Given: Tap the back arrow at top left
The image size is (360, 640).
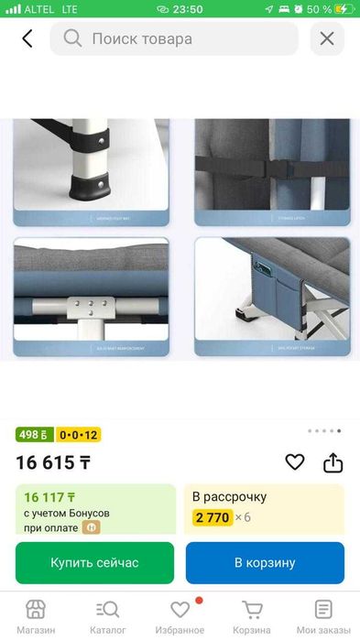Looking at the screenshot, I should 27,39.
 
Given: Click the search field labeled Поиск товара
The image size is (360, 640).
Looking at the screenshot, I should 174,39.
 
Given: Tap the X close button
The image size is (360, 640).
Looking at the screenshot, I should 327,39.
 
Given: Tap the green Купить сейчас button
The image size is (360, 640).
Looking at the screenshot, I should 94,562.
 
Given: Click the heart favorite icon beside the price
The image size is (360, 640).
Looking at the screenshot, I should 294,462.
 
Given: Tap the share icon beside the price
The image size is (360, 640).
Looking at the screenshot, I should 333,462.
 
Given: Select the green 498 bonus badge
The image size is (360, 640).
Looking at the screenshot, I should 35,435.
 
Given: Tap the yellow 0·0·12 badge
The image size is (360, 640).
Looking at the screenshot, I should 79,435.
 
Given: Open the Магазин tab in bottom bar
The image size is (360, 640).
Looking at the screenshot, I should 36,617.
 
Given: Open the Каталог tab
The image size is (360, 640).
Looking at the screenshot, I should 107,617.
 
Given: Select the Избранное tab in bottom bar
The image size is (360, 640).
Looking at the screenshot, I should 180,617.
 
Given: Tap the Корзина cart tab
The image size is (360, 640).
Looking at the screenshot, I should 251,617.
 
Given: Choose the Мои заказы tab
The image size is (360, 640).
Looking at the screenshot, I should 323,617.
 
